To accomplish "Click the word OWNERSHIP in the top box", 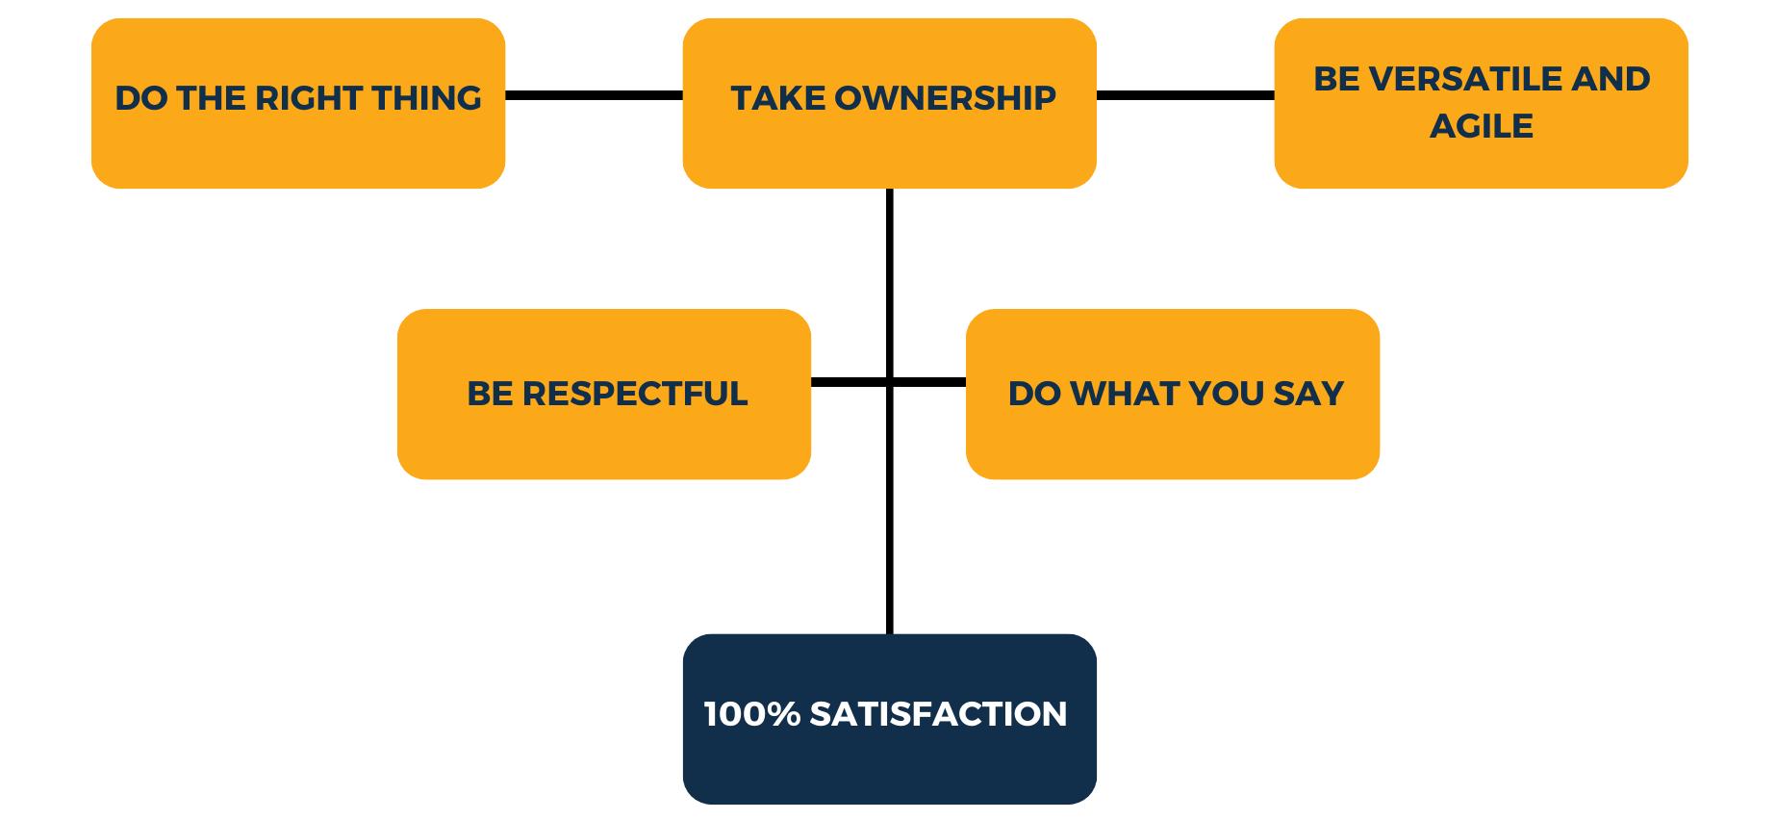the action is click(946, 98).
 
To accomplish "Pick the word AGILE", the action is click(1481, 126).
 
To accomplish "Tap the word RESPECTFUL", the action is click(635, 394).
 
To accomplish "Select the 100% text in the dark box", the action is click(752, 714).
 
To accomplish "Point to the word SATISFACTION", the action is click(938, 714).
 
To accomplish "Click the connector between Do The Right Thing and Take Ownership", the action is click(594, 95).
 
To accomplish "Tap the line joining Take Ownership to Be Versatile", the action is click(1185, 95).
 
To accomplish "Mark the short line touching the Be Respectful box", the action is click(847, 382).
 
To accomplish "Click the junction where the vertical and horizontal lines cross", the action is click(889, 382).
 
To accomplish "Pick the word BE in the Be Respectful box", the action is click(490, 394).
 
